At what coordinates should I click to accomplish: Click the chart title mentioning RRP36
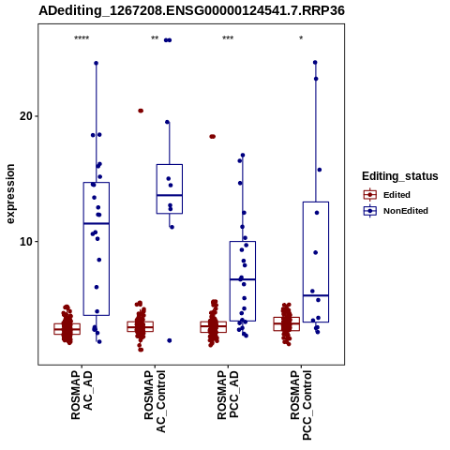tap(191, 10)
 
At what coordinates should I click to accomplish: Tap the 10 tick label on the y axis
tap(26, 242)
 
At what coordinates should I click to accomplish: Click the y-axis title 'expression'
tap(10, 194)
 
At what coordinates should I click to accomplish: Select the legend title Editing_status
tap(400, 176)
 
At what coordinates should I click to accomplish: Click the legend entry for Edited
tap(397, 195)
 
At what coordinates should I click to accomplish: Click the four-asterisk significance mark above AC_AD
tap(82, 38)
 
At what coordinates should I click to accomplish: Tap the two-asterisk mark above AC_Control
tap(155, 38)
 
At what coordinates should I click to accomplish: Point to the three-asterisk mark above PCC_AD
tap(228, 38)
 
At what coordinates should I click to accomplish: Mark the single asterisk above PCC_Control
tap(301, 38)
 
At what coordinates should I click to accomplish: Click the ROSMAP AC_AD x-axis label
tap(82, 395)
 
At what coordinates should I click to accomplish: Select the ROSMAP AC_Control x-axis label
tap(155, 401)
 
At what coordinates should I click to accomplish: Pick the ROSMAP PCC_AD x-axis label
tap(228, 395)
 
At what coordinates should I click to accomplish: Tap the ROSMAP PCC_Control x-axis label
tap(301, 405)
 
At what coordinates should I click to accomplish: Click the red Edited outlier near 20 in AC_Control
tap(141, 111)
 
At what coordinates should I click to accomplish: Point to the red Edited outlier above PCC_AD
tap(213, 137)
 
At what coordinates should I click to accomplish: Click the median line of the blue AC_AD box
tap(97, 223)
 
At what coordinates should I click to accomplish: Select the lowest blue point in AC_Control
tap(170, 340)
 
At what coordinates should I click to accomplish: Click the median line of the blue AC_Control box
tap(170, 195)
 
